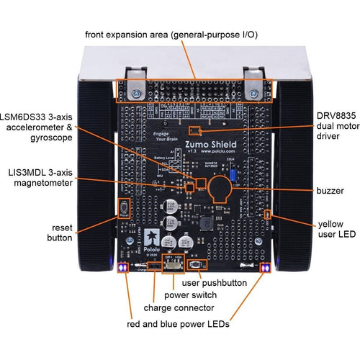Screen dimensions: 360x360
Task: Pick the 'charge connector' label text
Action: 173,307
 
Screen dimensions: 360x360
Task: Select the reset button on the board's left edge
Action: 123,207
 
